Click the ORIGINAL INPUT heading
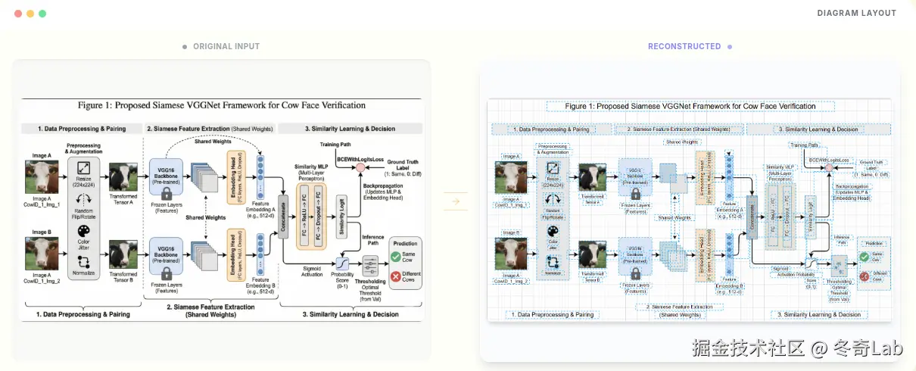pyautogui.click(x=226, y=46)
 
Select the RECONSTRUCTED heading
pyautogui.click(x=684, y=46)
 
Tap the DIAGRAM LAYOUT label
pyautogui.click(x=856, y=13)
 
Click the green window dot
pyautogui.click(x=42, y=14)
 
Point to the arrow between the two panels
pyautogui.click(x=456, y=201)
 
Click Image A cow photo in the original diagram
pyautogui.click(x=41, y=176)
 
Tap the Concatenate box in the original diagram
pyautogui.click(x=284, y=206)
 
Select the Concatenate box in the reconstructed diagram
pyautogui.click(x=752, y=206)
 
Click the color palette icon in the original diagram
pyautogui.click(x=84, y=231)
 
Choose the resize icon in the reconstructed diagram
pyautogui.click(x=553, y=168)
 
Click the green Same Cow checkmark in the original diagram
pyautogui.click(x=396, y=257)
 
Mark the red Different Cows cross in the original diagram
pyautogui.click(x=396, y=277)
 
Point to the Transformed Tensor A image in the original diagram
pyautogui.click(x=122, y=176)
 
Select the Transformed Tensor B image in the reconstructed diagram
pyautogui.click(x=592, y=253)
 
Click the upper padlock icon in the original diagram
pyautogui.click(x=166, y=195)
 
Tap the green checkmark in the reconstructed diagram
pyautogui.click(x=864, y=257)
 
